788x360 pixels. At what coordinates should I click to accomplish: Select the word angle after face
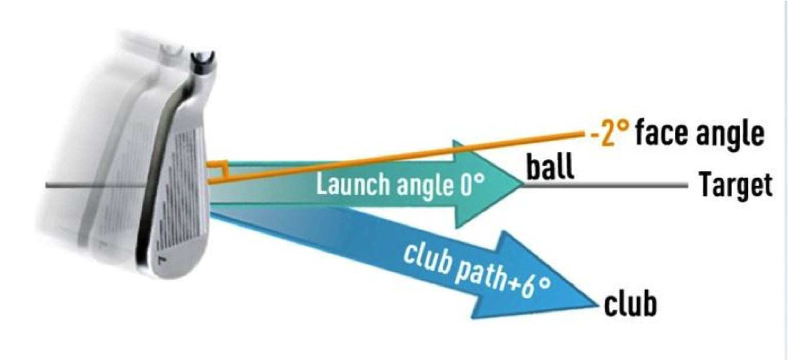pyautogui.click(x=730, y=137)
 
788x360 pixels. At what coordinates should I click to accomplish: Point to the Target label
pyautogui.click(x=736, y=185)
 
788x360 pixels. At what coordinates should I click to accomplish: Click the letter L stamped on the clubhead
pyautogui.click(x=163, y=261)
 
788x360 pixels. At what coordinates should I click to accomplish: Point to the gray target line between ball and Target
pyautogui.click(x=605, y=185)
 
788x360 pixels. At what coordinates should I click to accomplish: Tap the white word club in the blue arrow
pyautogui.click(x=425, y=260)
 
